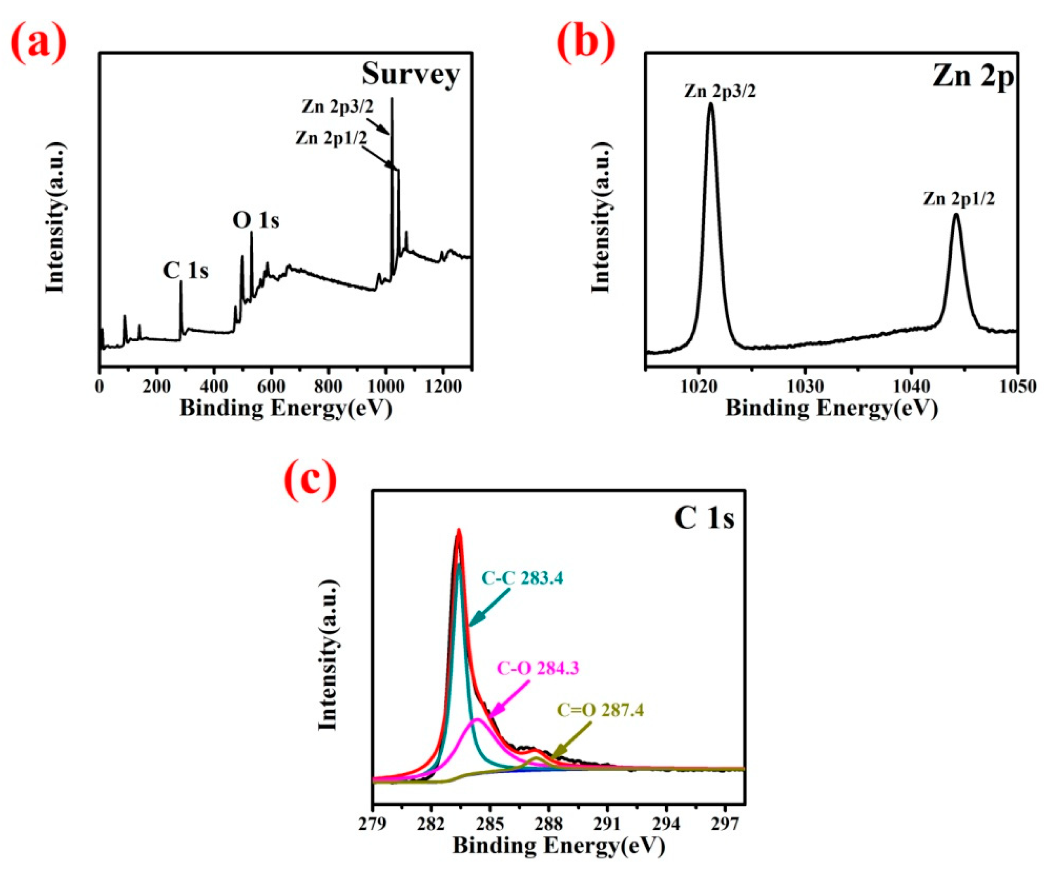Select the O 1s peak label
point(256,220)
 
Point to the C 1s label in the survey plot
point(185,271)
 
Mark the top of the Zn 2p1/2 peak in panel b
point(956,215)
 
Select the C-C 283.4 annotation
point(522,578)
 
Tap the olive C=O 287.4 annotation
point(600,710)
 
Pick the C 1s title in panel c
point(704,518)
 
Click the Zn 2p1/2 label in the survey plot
point(330,138)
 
